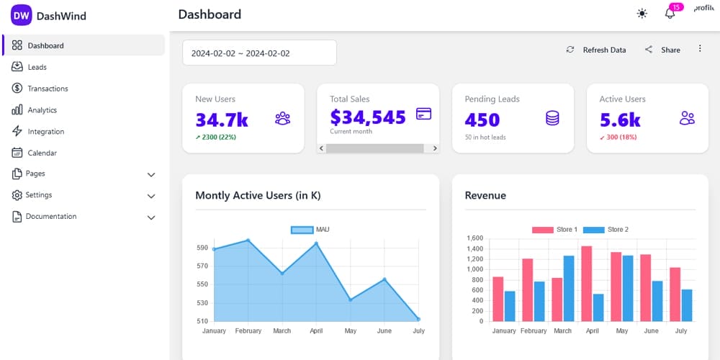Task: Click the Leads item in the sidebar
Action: point(37,67)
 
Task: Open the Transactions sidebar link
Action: point(48,89)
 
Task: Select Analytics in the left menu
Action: point(42,110)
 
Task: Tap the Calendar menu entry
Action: point(42,153)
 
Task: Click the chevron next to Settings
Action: point(151,196)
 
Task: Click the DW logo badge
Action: point(22,15)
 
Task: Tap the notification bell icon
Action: point(670,14)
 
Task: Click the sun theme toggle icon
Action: point(642,14)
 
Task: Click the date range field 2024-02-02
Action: point(259,53)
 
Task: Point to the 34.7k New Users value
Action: point(222,119)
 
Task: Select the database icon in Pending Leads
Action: point(552,118)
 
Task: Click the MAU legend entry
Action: point(310,230)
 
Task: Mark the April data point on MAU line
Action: point(316,243)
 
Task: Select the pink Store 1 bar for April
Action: point(586,284)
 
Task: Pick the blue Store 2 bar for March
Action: point(569,288)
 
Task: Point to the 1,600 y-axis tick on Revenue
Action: point(474,238)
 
